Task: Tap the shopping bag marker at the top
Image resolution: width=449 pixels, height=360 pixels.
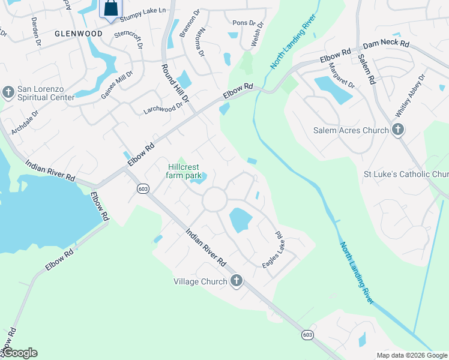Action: coord(111,9)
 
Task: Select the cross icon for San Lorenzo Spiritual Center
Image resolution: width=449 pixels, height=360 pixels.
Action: coord(8,92)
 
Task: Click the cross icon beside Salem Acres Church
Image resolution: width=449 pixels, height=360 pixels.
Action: coord(397,130)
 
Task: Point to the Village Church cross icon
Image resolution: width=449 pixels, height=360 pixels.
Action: coord(237,281)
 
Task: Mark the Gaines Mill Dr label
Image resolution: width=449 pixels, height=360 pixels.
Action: coord(116,83)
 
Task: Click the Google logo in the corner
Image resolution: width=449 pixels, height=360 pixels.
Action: coord(20,353)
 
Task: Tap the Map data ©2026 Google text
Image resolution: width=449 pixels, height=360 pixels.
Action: coord(411,355)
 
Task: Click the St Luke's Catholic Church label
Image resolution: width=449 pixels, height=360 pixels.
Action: coord(406,175)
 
